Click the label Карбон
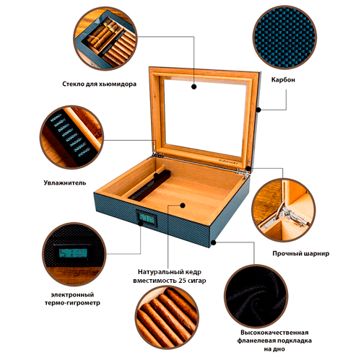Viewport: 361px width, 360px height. [x=283, y=80]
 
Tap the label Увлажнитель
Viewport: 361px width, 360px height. [x=65, y=183]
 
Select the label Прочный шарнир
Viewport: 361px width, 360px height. [x=301, y=253]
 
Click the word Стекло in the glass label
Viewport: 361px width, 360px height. [x=74, y=84]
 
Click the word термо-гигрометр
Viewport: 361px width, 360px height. [x=72, y=303]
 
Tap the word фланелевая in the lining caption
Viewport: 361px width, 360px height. [x=255, y=341]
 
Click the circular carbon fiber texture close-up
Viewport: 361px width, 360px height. [x=284, y=38]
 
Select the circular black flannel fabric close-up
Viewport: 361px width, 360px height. [x=256, y=296]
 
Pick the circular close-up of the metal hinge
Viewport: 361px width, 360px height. [x=284, y=210]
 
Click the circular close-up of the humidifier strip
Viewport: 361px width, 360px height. [x=71, y=137]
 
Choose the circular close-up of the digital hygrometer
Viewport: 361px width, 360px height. [x=74, y=254]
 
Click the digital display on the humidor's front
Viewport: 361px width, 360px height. [x=147, y=218]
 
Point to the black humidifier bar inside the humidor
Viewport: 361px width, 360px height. [x=149, y=185]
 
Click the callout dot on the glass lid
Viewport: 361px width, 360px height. [x=194, y=87]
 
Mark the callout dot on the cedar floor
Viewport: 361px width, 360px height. [x=183, y=206]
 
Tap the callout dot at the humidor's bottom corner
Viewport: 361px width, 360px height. [x=213, y=242]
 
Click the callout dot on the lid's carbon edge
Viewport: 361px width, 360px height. [x=258, y=110]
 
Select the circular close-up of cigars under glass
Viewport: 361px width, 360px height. [x=105, y=38]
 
